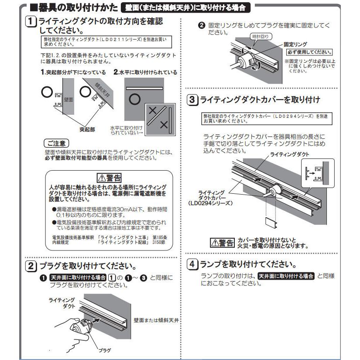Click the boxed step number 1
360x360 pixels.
coord(31,21)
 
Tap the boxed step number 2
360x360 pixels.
coord(31,266)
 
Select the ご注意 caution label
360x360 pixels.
coord(57,144)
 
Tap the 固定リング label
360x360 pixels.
coord(295,45)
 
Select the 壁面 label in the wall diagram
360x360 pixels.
coord(68,100)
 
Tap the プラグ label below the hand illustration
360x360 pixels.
coord(104,350)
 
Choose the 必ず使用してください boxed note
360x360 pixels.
coord(309,52)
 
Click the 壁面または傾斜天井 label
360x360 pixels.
coord(157,320)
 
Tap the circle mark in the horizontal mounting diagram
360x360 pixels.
coord(135,99)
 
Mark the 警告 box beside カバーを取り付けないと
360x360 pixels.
coord(222,242)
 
